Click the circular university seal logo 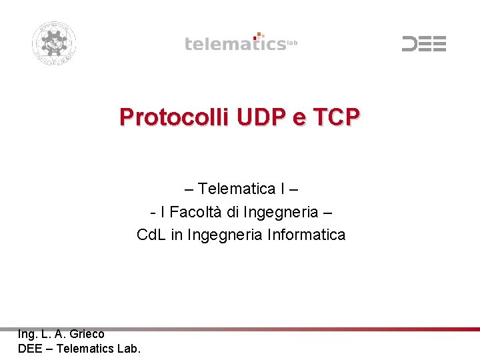pyautogui.click(x=54, y=43)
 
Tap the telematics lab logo pyautogui.click(x=241, y=43)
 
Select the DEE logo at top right pyautogui.click(x=423, y=44)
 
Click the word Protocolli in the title pyautogui.click(x=173, y=117)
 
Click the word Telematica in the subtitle pyautogui.click(x=238, y=189)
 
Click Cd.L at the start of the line pyautogui.click(x=151, y=235)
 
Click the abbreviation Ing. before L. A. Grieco pyautogui.click(x=28, y=334)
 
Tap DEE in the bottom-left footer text pyautogui.click(x=31, y=347)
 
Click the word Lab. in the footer pyautogui.click(x=128, y=347)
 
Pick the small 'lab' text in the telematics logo pyautogui.click(x=291, y=43)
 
